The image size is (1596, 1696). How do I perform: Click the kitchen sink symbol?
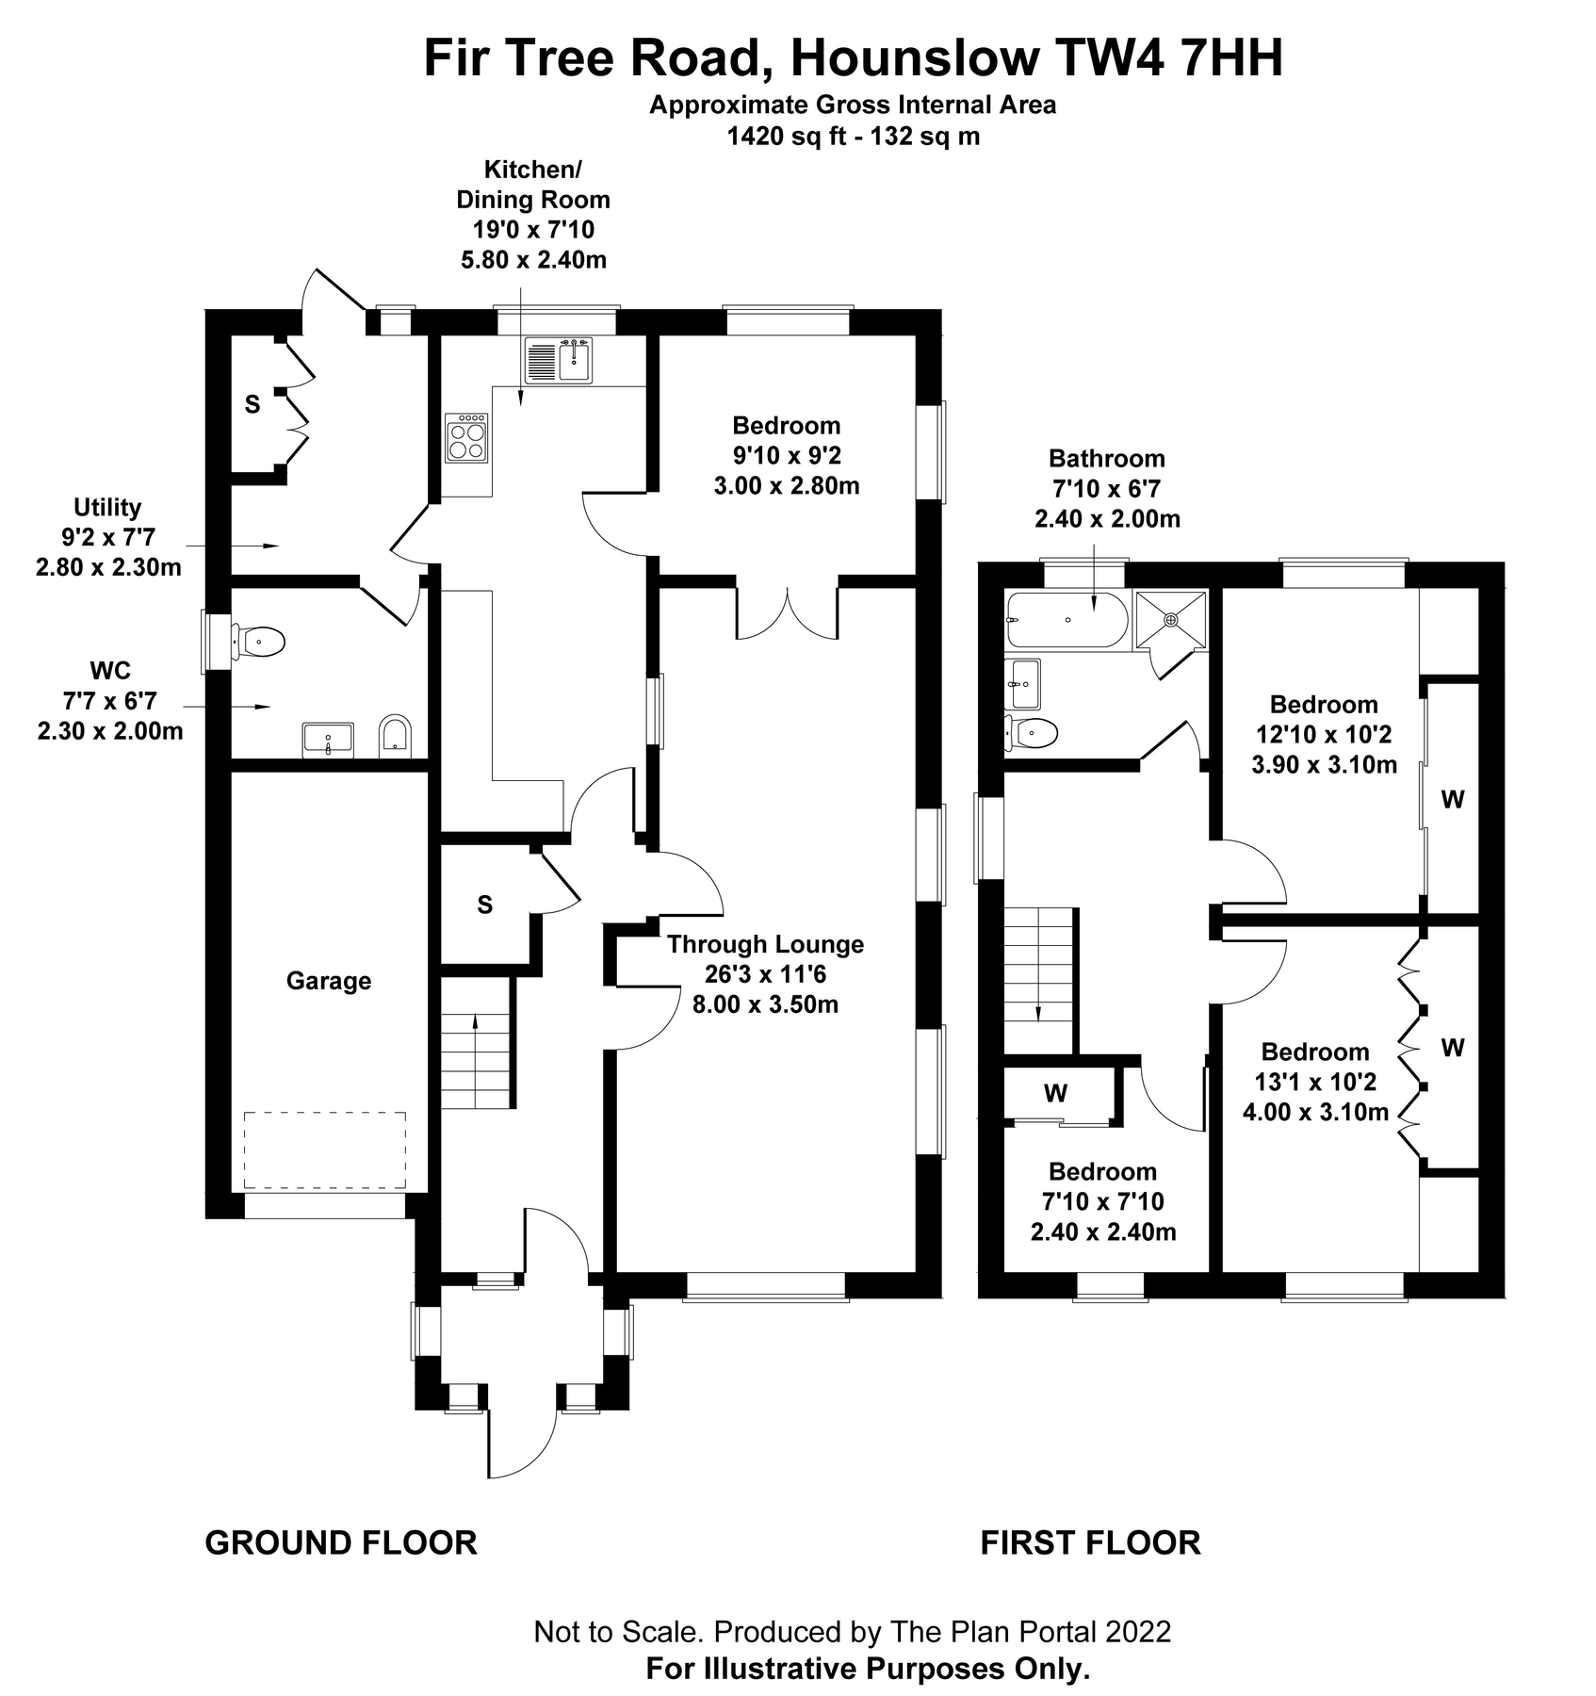[558, 360]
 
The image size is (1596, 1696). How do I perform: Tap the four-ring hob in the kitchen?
[467, 438]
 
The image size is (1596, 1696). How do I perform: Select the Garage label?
[329, 982]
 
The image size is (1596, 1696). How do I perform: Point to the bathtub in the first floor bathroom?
[1067, 620]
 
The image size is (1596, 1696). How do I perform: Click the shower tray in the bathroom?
[1170, 619]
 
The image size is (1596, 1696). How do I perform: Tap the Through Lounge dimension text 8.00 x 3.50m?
[765, 1004]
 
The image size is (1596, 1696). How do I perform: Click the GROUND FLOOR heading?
[341, 1543]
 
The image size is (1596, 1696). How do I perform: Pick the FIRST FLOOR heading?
[1090, 1543]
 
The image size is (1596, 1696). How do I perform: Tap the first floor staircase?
[1038, 980]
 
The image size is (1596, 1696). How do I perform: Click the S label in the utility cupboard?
[252, 405]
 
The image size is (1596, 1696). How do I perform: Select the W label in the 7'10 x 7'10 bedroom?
[1055, 1093]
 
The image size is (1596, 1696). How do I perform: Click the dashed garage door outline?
[325, 1150]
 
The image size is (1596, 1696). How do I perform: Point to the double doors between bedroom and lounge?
[787, 612]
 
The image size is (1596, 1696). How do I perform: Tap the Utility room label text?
[107, 508]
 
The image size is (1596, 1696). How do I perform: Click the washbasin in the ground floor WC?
[328, 739]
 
